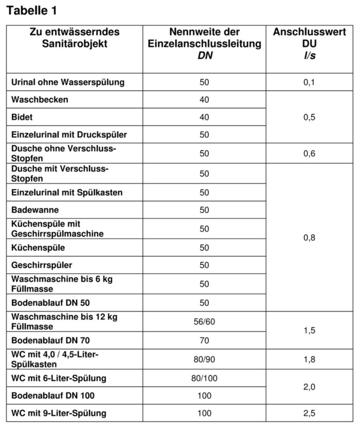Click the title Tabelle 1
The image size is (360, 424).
pyautogui.click(x=35, y=10)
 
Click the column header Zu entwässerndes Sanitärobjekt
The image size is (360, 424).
pyautogui.click(x=74, y=38)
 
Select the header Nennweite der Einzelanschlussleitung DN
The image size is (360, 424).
pyautogui.click(x=204, y=44)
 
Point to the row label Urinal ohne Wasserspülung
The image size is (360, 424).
pyautogui.click(x=68, y=82)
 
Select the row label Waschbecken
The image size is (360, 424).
pyautogui.click(x=40, y=100)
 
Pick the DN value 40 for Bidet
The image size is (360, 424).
pyautogui.click(x=204, y=117)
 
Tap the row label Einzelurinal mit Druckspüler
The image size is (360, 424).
pyautogui.click(x=69, y=135)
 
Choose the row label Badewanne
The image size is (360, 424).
pyautogui.click(x=36, y=210)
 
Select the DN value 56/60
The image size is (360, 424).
pyautogui.click(x=204, y=321)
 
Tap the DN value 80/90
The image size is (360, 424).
pyautogui.click(x=204, y=359)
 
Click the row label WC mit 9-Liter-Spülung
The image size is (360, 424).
pyautogui.click(x=59, y=413)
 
